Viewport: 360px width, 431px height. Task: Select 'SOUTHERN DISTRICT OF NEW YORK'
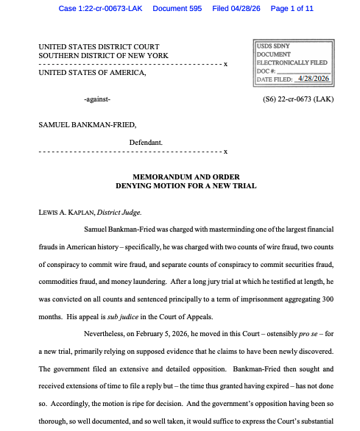[103, 56]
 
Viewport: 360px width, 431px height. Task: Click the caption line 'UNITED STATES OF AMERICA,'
[92, 72]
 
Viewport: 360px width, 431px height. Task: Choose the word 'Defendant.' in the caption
[146, 141]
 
